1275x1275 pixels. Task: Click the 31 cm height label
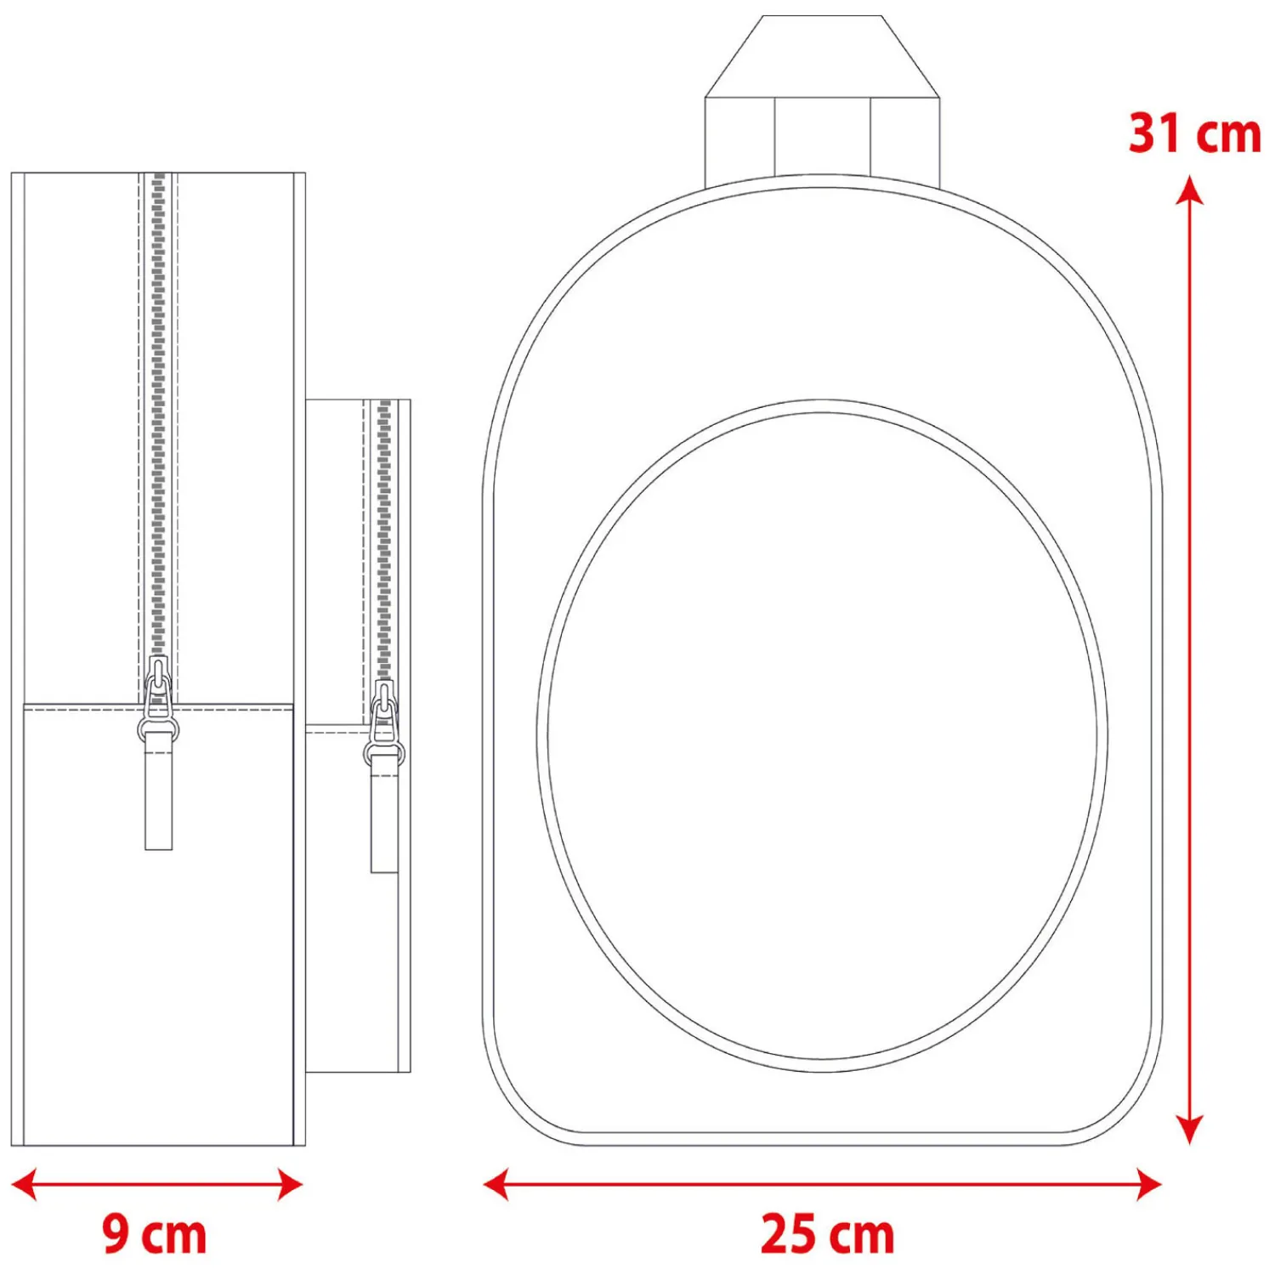[x=1194, y=133]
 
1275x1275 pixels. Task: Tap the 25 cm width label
[x=827, y=1234]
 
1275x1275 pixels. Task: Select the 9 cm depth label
[x=155, y=1234]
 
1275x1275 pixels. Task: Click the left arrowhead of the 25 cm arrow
[x=496, y=1183]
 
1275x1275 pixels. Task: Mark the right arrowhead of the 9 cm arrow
[x=290, y=1183]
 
